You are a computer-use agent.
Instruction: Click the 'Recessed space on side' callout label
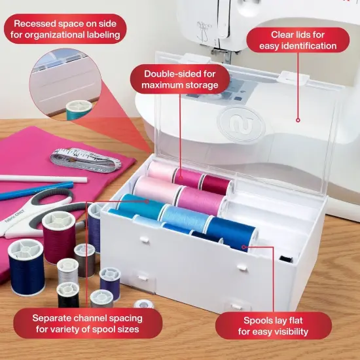point(63,28)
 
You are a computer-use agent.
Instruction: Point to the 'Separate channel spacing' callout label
point(96,323)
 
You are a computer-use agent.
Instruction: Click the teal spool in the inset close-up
point(79,109)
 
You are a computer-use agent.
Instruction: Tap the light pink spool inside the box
point(156,190)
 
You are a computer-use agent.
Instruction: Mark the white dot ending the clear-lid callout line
point(298,119)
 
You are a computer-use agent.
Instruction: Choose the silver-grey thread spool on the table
point(67,268)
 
